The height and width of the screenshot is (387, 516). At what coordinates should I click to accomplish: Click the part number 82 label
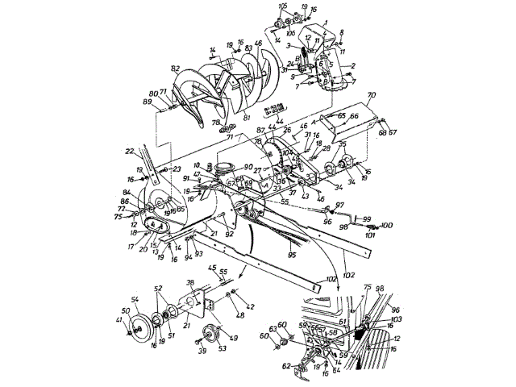point(176,72)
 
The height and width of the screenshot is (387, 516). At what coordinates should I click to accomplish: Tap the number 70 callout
point(372,95)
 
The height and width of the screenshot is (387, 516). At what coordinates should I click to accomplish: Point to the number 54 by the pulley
point(136,300)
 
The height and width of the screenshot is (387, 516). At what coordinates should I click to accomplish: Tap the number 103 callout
point(396,320)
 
